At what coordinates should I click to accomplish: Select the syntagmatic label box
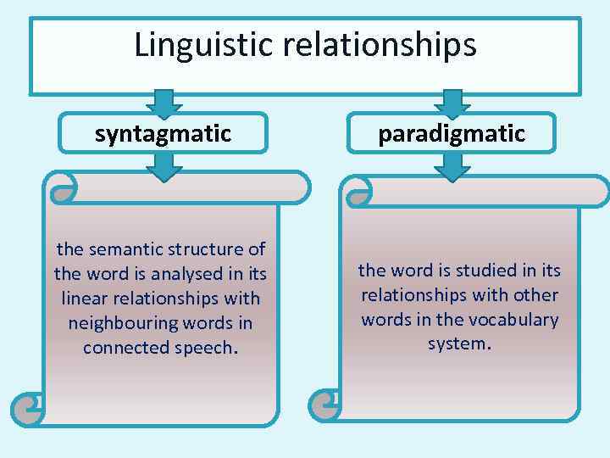pyautogui.click(x=163, y=132)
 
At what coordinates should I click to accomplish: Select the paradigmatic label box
pyautogui.click(x=452, y=132)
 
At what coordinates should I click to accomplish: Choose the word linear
pyautogui.click(x=86, y=299)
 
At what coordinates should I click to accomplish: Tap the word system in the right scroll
pyautogui.click(x=459, y=344)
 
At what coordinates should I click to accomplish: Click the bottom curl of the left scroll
pyautogui.click(x=27, y=410)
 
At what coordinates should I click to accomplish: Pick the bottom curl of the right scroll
pyautogui.click(x=324, y=405)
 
